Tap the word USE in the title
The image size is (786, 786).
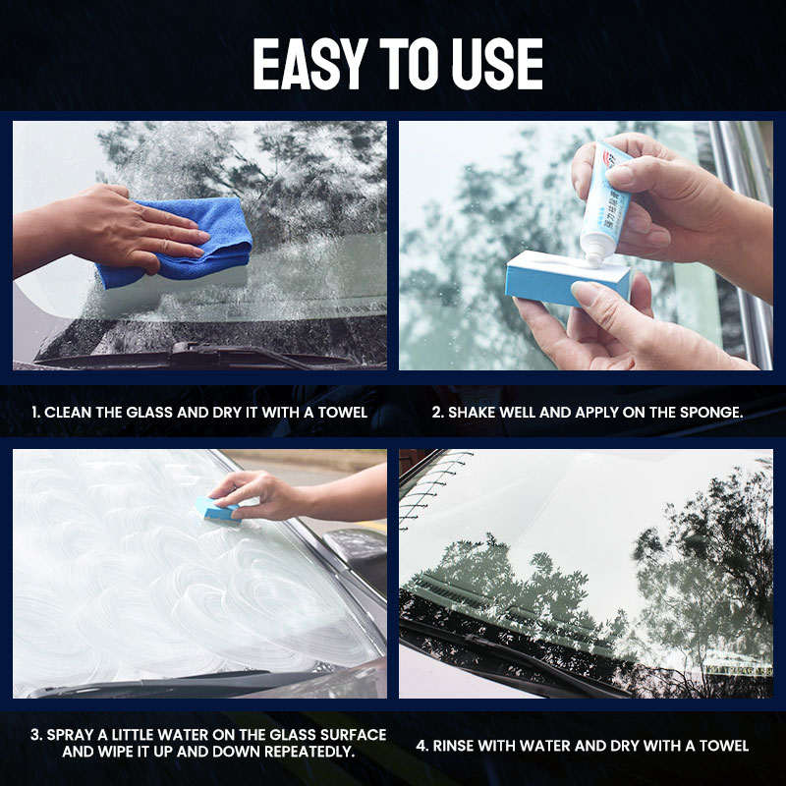(x=496, y=64)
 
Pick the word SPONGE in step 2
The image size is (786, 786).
(x=711, y=412)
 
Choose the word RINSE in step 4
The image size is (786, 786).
(x=459, y=746)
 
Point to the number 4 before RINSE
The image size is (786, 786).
(x=421, y=746)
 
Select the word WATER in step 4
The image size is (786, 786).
(x=552, y=746)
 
